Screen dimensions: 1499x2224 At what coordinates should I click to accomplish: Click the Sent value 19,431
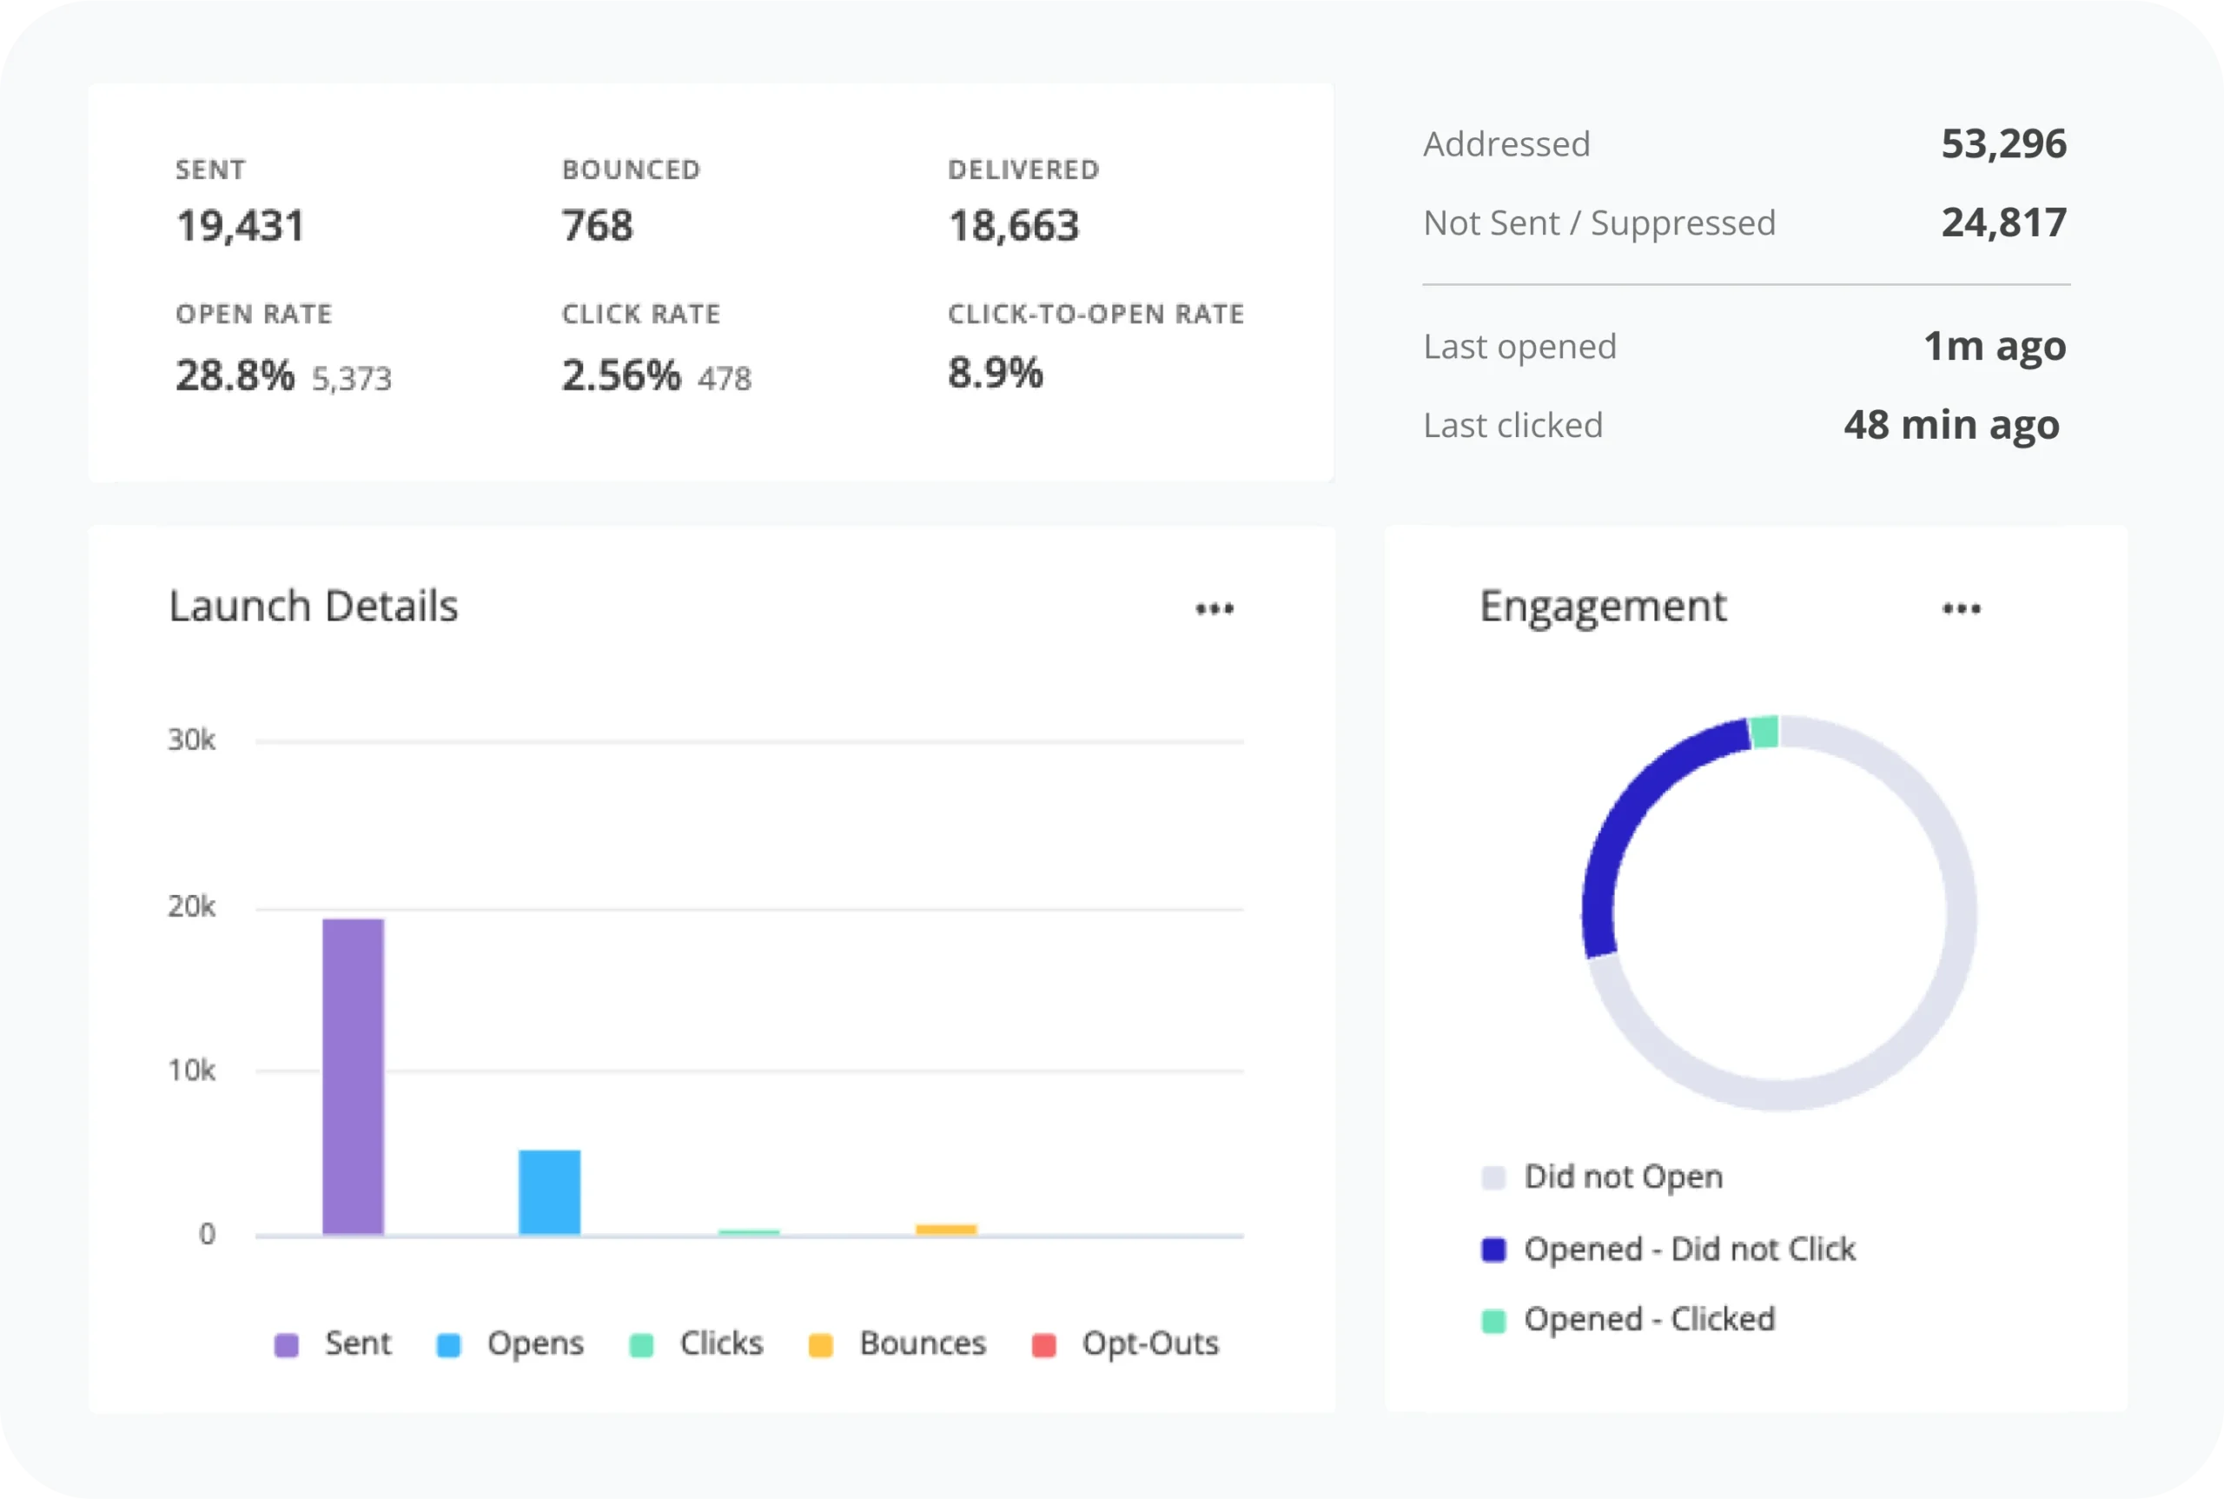240,226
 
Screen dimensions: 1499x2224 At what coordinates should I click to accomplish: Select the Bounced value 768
598,226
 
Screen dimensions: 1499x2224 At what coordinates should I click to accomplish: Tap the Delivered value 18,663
1013,226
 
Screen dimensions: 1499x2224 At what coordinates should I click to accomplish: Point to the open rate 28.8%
235,375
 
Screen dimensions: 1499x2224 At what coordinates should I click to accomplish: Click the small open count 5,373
352,379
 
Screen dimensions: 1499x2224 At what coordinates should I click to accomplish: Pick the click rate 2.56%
620,375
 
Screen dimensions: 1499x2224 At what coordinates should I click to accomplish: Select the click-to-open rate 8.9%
995,373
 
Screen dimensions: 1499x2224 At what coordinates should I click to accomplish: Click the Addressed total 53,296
2003,143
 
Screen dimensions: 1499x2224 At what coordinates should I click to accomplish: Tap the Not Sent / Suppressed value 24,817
2003,222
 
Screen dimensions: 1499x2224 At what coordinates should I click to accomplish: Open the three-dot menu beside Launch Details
1215,608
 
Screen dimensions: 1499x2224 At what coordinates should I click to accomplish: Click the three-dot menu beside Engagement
1961,608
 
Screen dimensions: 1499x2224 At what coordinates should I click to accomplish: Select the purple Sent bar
353,1076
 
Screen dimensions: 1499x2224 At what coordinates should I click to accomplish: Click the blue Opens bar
550,1191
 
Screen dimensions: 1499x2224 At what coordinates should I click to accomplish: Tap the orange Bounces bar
946,1230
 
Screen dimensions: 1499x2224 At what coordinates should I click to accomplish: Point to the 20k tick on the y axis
191,906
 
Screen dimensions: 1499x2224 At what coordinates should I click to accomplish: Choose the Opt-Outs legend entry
1126,1343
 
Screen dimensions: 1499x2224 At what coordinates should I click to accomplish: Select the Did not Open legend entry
1602,1177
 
